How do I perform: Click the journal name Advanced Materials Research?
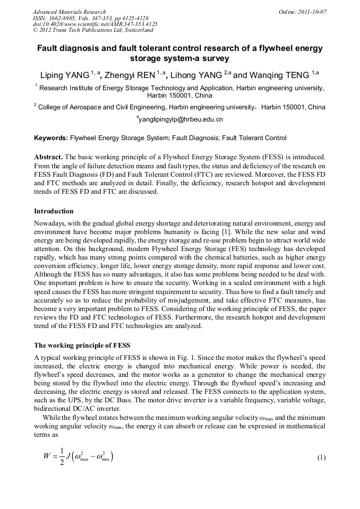coord(69,12)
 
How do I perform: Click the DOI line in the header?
coord(95,24)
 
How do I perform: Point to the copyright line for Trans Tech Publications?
coord(93,30)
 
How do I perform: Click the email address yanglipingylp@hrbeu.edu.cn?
coord(180,120)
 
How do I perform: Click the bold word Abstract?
coord(49,158)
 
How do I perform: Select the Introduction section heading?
coord(54,211)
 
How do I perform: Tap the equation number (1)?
coord(321,458)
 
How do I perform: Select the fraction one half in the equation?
coord(62,458)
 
